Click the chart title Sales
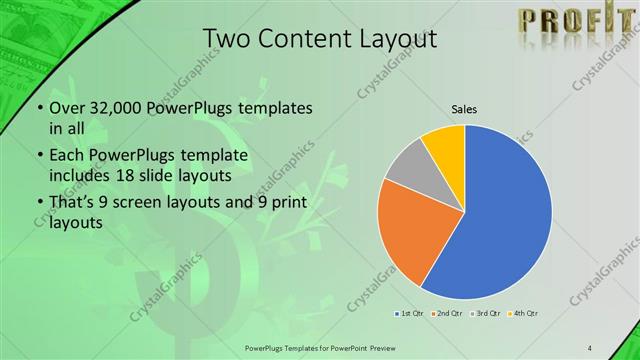coord(464,108)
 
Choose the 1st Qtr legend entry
coord(409,314)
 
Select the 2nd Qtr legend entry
coord(445,314)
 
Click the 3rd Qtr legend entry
coord(484,314)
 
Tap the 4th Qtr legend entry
coord(523,314)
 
